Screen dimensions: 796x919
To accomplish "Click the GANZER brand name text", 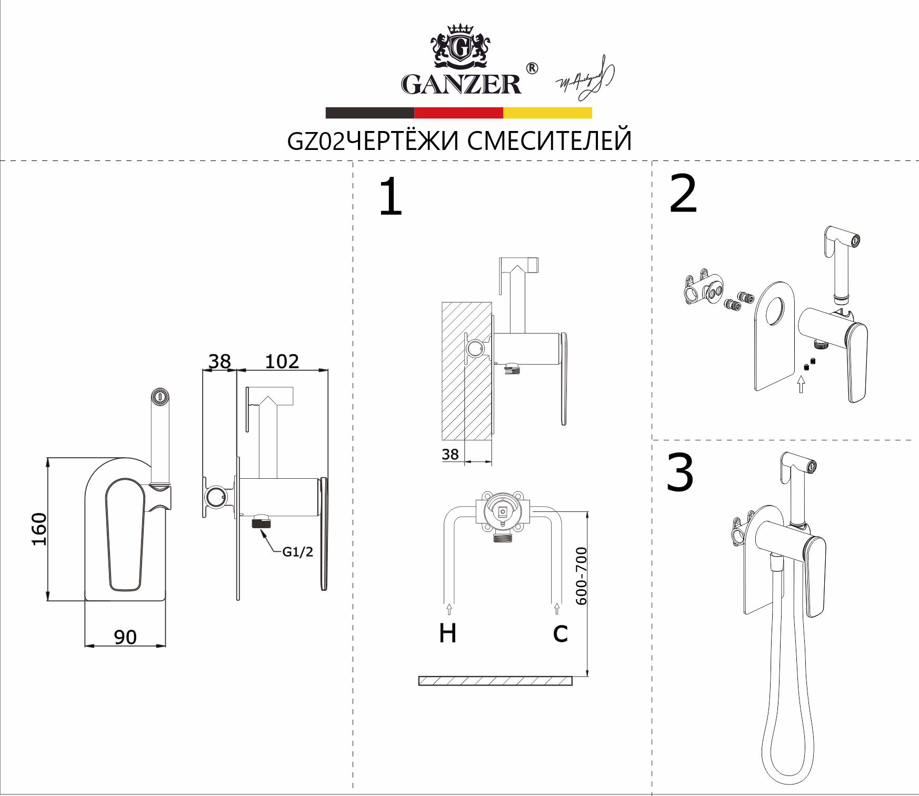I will [461, 84].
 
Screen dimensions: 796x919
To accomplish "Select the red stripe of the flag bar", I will [458, 113].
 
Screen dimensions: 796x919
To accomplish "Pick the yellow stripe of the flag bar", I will [547, 113].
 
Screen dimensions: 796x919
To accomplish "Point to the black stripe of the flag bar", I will [369, 113].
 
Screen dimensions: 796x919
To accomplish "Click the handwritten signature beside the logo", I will [585, 78].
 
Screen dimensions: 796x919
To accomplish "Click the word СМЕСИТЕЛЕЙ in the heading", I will [550, 141].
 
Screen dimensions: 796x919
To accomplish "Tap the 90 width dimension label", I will [125, 638].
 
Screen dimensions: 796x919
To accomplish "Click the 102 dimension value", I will [282, 361].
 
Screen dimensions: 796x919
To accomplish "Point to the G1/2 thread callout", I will [297, 552].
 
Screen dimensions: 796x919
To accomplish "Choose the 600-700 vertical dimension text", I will [581, 576].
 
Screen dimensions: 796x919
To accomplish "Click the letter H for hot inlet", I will [447, 633].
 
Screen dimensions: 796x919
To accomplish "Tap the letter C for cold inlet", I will [560, 633].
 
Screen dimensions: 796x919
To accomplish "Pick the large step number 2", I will [683, 195].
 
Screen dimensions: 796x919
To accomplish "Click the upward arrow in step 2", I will [801, 385].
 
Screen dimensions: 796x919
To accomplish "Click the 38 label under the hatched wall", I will [450, 454].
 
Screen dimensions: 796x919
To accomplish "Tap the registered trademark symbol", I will [532, 68].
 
